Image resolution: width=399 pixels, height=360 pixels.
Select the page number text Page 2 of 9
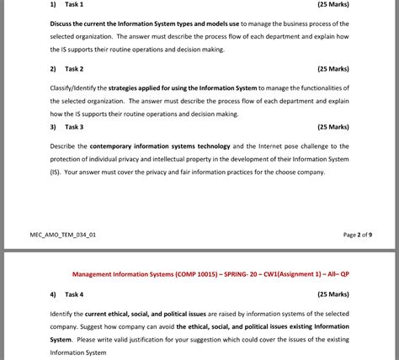click(x=358, y=235)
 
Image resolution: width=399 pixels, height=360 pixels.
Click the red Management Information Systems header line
click(x=222, y=274)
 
